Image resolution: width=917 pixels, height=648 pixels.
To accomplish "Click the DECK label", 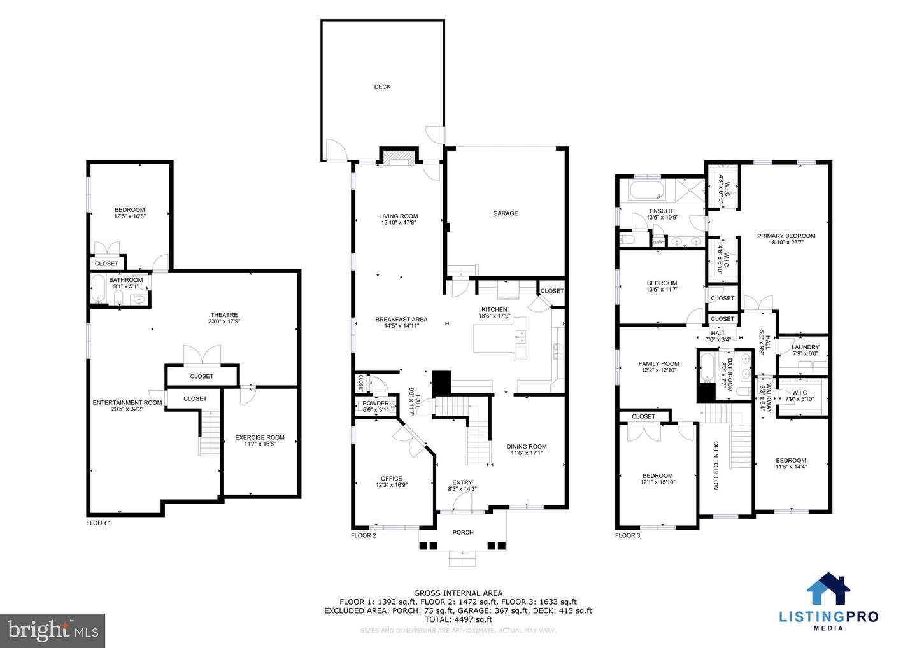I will point(382,87).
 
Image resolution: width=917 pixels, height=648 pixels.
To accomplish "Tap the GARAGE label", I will point(505,213).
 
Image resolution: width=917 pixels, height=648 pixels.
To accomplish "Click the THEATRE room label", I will point(224,315).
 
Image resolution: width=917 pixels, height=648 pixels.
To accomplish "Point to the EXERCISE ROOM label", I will point(260,437).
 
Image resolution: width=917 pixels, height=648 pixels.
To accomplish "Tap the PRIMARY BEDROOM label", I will point(786,236).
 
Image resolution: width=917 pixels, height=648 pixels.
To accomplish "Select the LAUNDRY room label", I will point(805,348).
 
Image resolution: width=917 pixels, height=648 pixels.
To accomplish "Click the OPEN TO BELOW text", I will point(715,466).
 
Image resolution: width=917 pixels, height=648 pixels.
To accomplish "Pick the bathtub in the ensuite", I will point(646,190).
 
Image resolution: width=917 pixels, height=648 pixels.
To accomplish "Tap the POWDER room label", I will point(376,404).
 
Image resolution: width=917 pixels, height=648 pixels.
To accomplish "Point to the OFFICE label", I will point(392,479).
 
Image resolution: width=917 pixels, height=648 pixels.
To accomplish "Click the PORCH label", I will point(463,532).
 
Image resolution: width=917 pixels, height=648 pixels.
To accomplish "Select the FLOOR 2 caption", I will point(364,536).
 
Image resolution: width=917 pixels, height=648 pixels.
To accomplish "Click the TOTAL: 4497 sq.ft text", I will point(458,619).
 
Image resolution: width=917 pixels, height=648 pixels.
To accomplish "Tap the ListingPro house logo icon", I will point(828,589).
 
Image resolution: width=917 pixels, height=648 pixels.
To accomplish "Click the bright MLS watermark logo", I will point(52,630).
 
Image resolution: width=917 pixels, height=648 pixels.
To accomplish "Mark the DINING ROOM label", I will point(527,447).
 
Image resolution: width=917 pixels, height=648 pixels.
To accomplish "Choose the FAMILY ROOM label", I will point(658,364).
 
